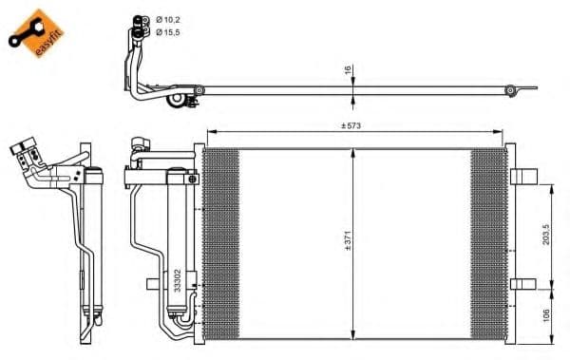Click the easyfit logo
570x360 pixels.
coord(36,33)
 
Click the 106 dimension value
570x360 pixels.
coord(546,313)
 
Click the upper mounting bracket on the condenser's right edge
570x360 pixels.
coord(523,176)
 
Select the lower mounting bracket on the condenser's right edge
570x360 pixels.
coord(523,284)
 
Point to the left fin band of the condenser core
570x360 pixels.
coord(222,244)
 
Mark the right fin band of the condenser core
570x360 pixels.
coord(488,244)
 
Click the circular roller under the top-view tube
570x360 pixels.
coord(176,100)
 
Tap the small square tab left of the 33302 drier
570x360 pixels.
coord(151,283)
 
